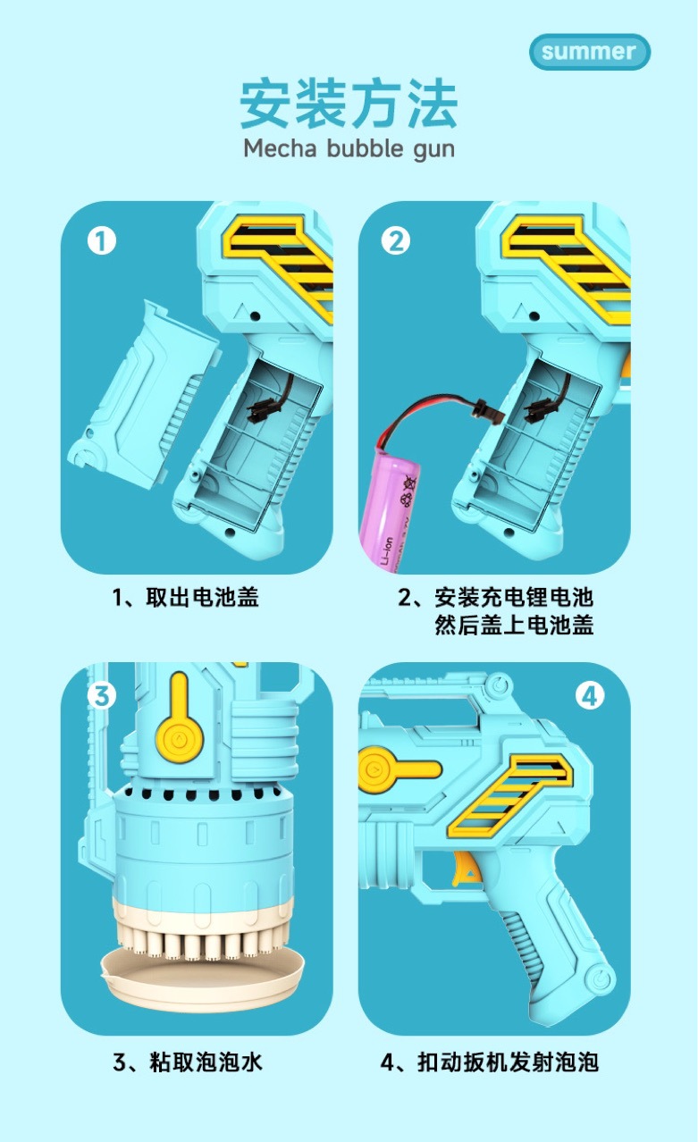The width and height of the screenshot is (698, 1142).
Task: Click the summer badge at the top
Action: pyautogui.click(x=589, y=52)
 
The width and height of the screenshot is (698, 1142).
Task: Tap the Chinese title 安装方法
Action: pyautogui.click(x=349, y=105)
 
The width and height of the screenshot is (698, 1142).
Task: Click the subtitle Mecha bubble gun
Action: pyautogui.click(x=349, y=147)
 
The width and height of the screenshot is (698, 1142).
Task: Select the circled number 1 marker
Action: pyautogui.click(x=101, y=240)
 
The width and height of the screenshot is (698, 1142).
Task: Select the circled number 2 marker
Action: pyautogui.click(x=396, y=240)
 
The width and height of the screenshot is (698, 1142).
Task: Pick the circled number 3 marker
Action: pyautogui.click(x=101, y=694)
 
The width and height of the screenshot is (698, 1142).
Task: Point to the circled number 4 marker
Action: pyautogui.click(x=590, y=694)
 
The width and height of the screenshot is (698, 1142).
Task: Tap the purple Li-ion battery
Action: pyautogui.click(x=391, y=500)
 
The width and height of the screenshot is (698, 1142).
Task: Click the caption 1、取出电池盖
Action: pyautogui.click(x=185, y=597)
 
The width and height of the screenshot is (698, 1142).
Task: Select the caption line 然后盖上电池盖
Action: pyautogui.click(x=514, y=625)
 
